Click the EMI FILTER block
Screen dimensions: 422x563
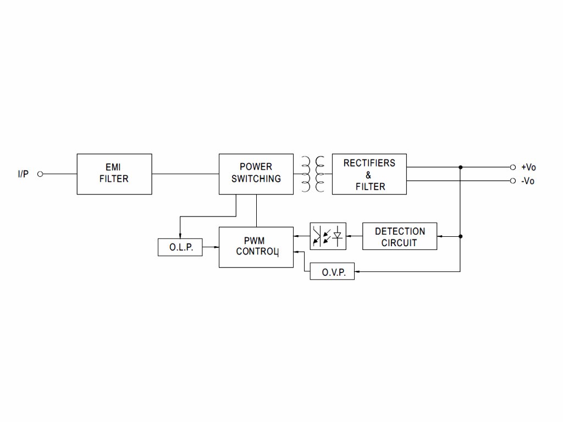coord(114,174)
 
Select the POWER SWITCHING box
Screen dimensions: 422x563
coord(256,174)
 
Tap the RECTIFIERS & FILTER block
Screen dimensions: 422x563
coord(369,174)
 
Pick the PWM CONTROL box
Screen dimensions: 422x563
coord(256,247)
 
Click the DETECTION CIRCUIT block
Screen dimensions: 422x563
coord(400,236)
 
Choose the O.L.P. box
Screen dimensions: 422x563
coord(180,247)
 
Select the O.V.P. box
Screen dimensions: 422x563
coord(332,271)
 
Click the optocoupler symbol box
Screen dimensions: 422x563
coord(328,236)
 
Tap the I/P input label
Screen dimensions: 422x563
coord(23,174)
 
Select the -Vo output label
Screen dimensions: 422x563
coord(528,181)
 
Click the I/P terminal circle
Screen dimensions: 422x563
coord(40,174)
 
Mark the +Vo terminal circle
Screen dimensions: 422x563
coord(512,167)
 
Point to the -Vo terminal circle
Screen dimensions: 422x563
coord(512,181)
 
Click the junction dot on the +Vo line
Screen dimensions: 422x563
coord(460,167)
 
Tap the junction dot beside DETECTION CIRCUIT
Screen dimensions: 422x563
coord(460,236)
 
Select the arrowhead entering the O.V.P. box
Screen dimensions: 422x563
coord(357,271)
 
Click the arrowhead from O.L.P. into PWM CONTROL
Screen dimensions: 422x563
coord(216,247)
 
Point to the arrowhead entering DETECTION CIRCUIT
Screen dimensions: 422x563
coord(440,236)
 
